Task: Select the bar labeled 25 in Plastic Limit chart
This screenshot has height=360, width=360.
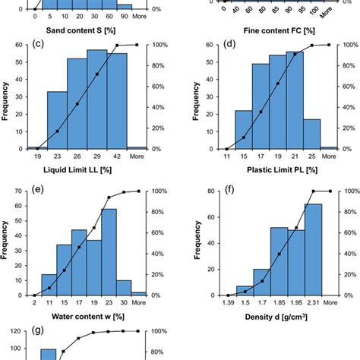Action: (311, 133)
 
